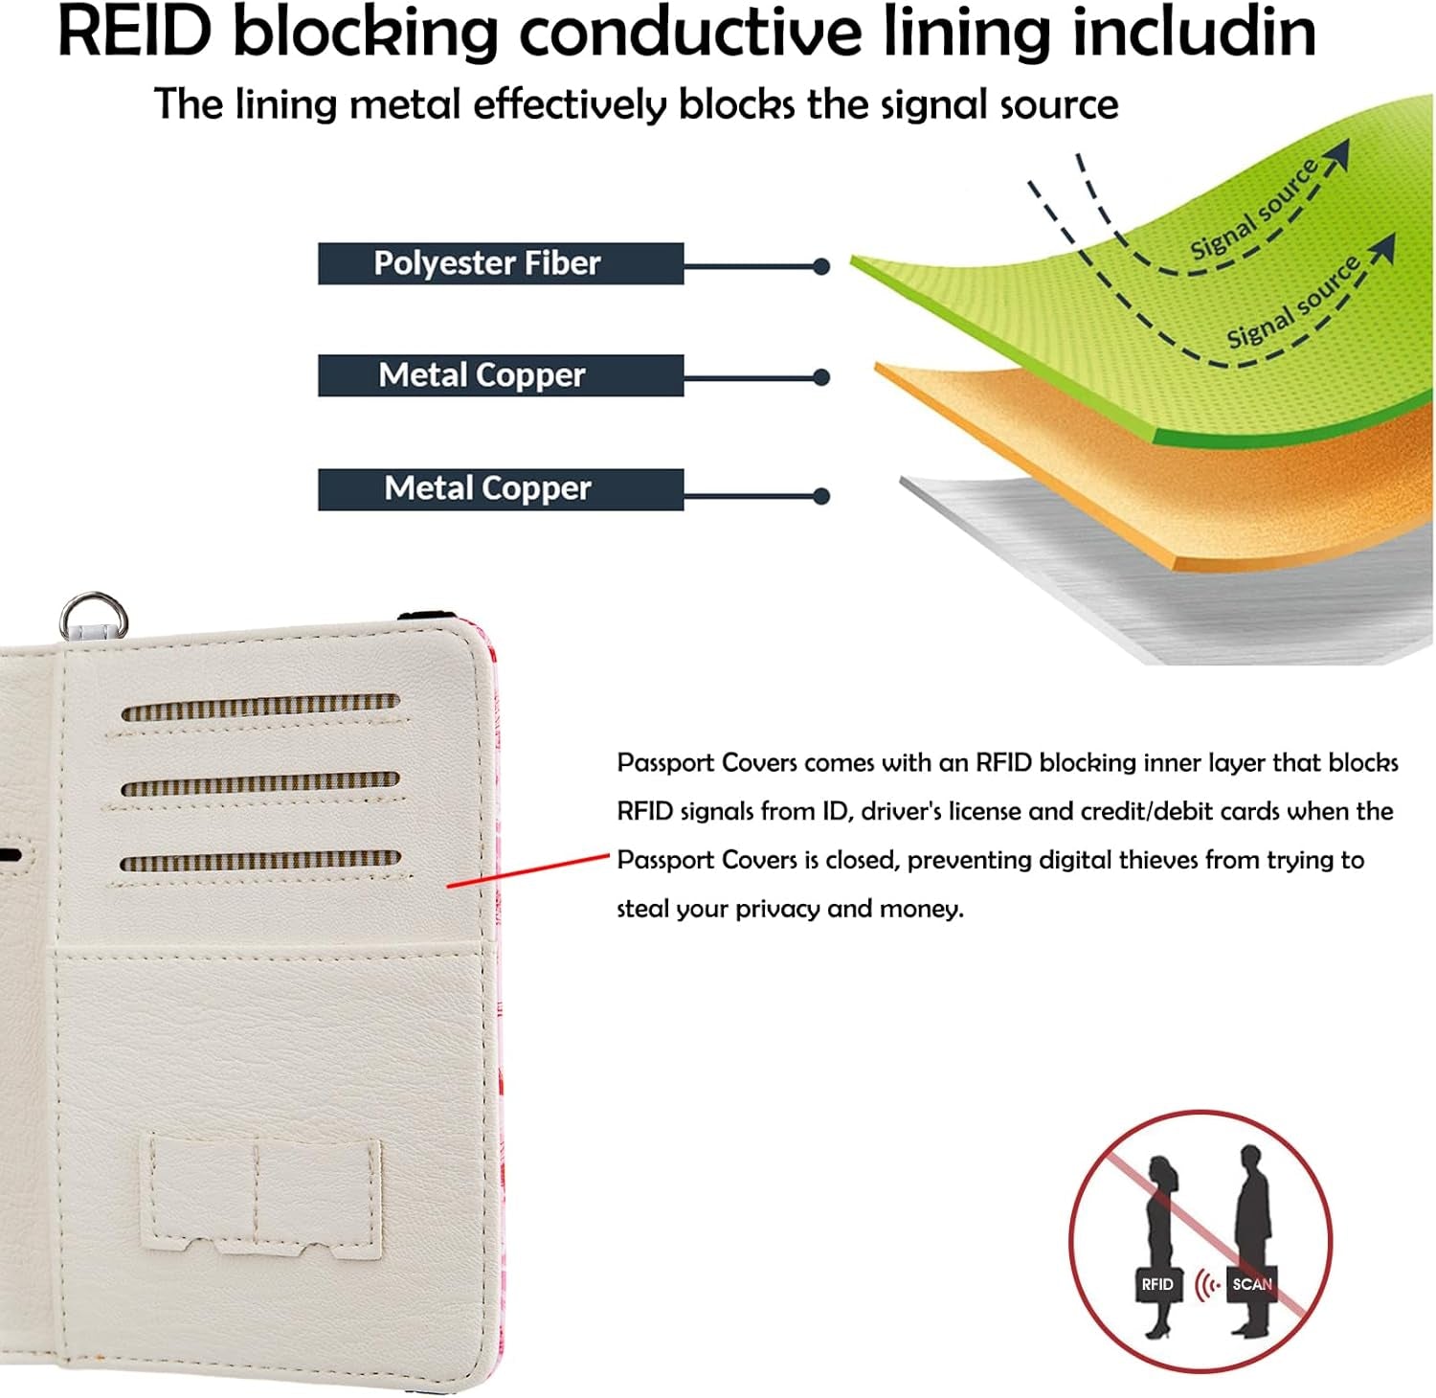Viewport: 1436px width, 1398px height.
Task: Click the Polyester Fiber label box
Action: pos(500,263)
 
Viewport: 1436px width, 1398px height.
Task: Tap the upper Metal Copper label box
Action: pos(500,375)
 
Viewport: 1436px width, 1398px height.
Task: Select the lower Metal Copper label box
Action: pos(500,488)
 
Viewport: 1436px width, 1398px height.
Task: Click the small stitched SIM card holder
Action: pos(261,1197)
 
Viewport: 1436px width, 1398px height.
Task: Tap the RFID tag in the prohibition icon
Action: pos(1156,1284)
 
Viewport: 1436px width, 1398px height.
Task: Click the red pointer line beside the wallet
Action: pos(528,870)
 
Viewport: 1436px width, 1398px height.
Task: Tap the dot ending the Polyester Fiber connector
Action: pos(820,267)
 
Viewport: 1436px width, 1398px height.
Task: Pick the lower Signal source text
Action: pos(1292,302)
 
